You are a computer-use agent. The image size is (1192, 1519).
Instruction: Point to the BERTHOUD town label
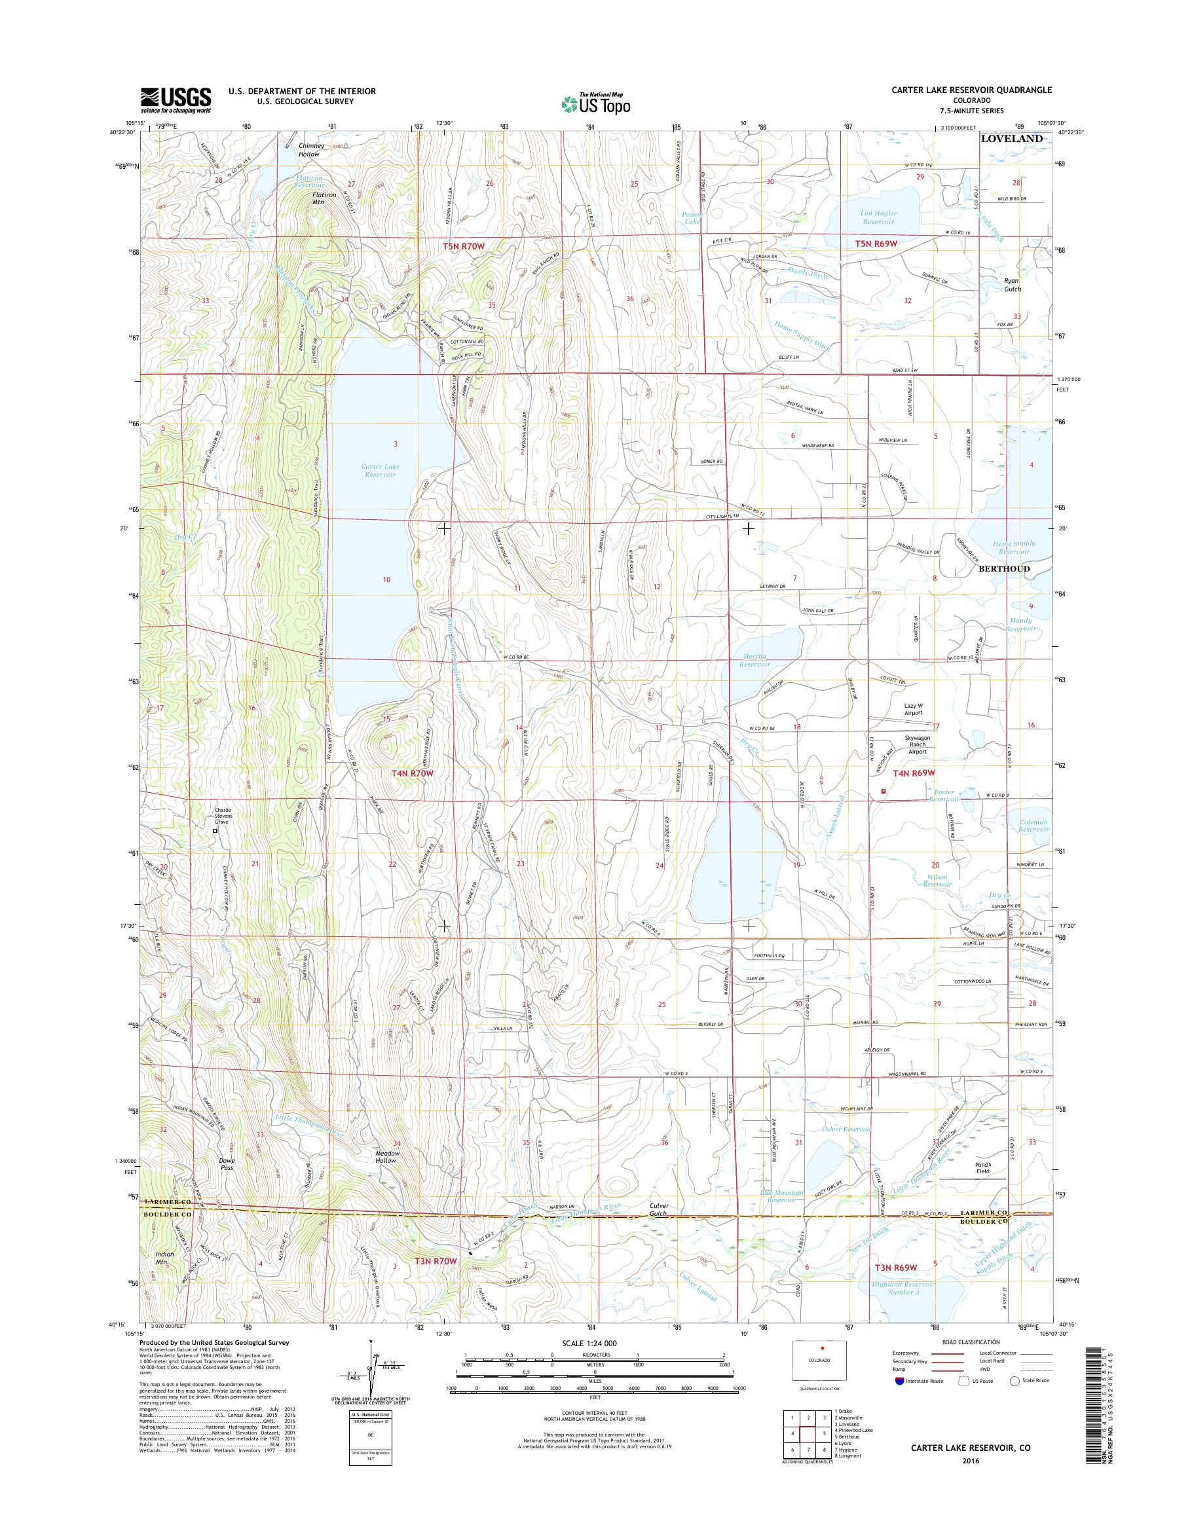(x=1004, y=569)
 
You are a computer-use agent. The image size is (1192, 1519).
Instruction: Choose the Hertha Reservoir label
(x=754, y=661)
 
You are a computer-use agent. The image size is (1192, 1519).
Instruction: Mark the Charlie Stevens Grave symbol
(x=215, y=831)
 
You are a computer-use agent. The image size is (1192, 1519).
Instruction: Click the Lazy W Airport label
(x=913, y=709)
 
